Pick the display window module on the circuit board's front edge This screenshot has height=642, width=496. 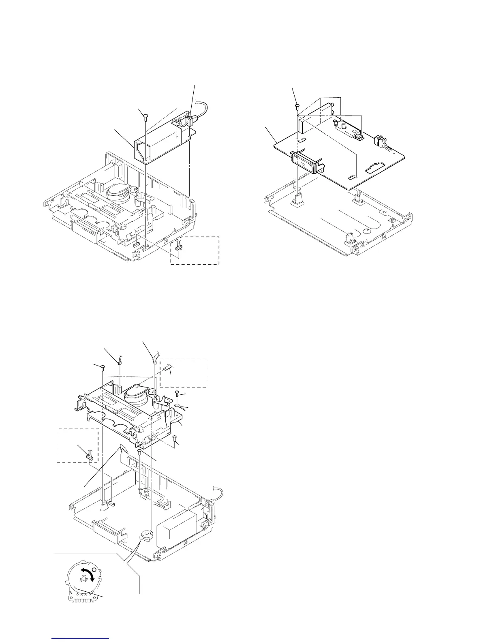(305, 161)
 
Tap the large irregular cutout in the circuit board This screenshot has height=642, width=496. (376, 166)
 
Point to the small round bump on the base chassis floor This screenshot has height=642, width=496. (366, 231)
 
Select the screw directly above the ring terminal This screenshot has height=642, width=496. (177, 393)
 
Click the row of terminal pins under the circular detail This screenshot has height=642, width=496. (82, 599)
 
